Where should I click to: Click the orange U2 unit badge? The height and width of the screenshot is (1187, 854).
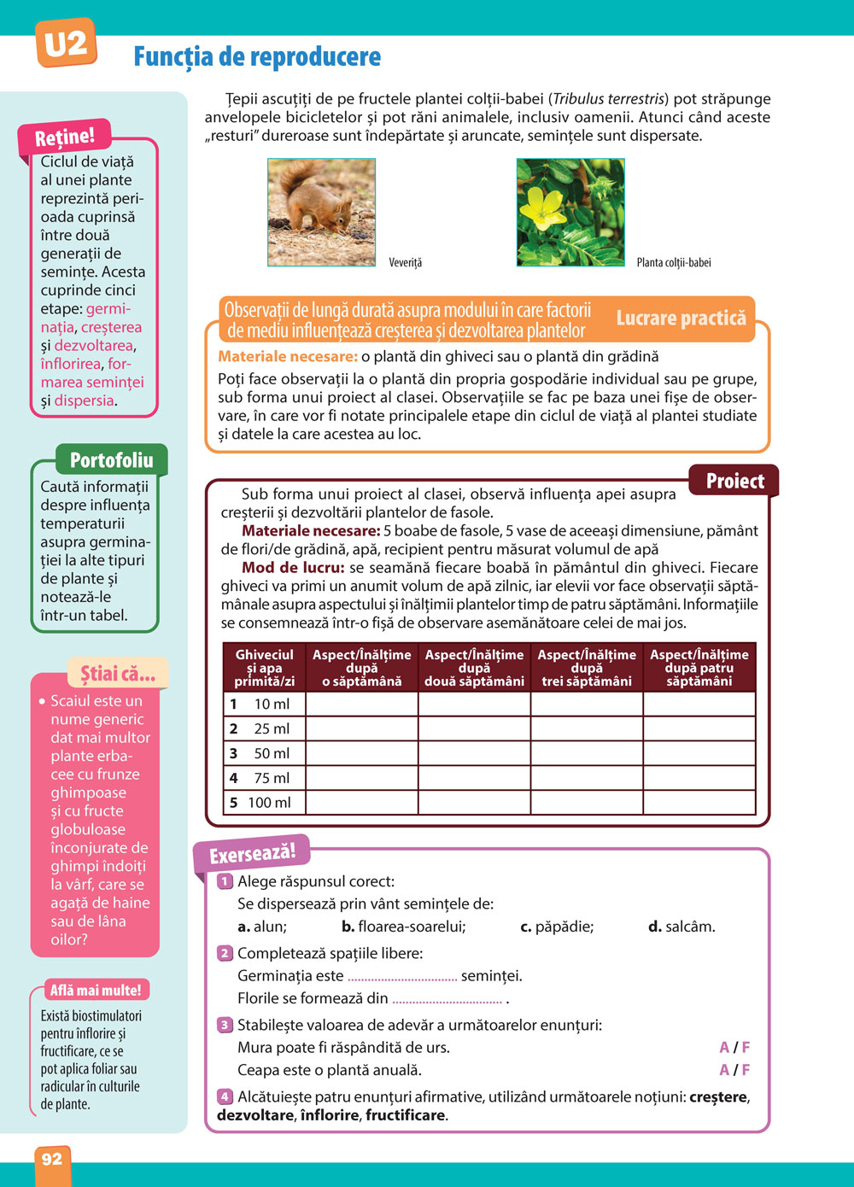(x=65, y=43)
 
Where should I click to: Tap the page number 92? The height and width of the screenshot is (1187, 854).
(x=52, y=1158)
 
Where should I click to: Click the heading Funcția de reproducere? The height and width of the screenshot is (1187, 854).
(x=257, y=57)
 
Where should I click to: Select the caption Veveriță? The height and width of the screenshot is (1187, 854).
(x=406, y=262)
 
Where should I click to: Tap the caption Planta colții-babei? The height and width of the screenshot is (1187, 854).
(x=673, y=262)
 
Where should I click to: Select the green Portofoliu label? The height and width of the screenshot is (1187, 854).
(x=111, y=460)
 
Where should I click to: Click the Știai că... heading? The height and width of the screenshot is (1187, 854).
(x=118, y=674)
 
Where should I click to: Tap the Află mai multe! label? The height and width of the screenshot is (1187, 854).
(x=96, y=991)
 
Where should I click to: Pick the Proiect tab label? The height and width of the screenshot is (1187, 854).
(x=734, y=481)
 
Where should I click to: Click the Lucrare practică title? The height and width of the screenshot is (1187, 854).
(x=681, y=319)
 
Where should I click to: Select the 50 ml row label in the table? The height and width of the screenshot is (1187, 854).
(x=271, y=753)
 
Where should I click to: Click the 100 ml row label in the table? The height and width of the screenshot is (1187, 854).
(x=269, y=803)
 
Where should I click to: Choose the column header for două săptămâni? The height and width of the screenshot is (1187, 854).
(x=474, y=668)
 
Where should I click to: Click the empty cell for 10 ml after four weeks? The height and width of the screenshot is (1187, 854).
(x=699, y=704)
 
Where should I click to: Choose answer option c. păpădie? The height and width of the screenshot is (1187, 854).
(x=557, y=927)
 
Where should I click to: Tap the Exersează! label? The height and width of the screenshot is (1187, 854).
(x=252, y=853)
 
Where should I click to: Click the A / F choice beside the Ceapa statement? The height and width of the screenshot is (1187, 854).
(x=734, y=1070)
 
